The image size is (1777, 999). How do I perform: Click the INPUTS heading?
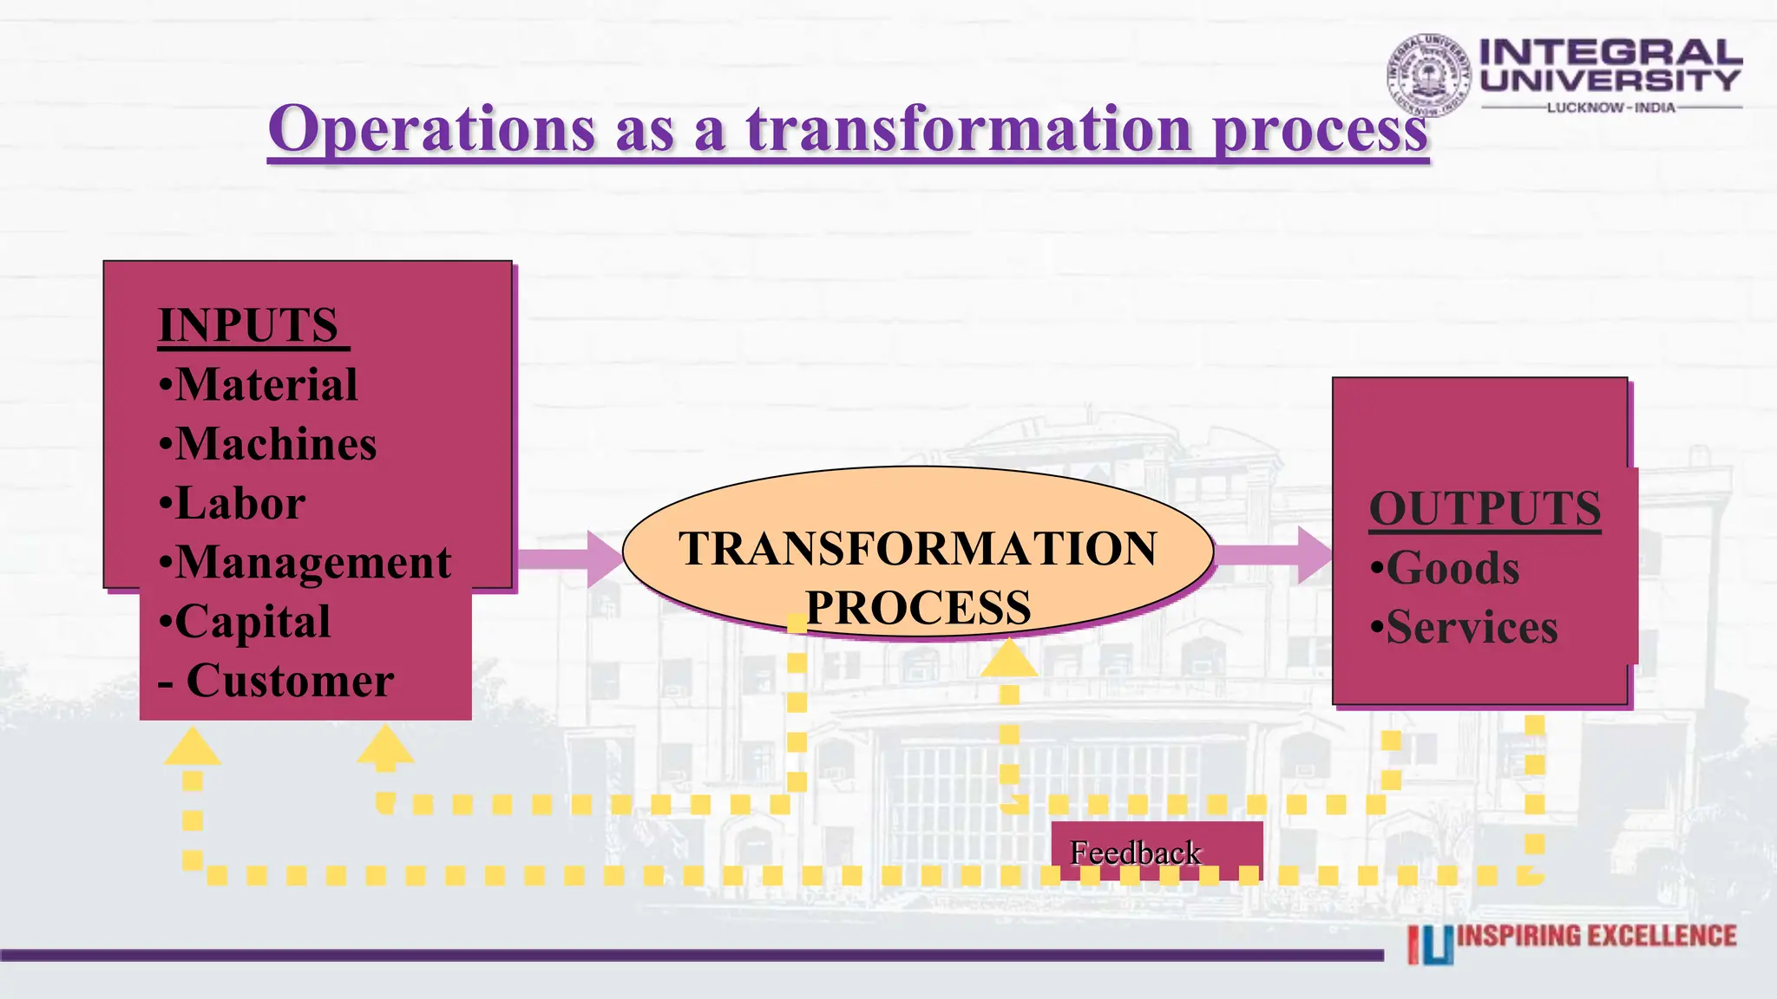[x=248, y=326]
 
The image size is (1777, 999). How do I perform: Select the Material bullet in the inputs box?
[x=266, y=385]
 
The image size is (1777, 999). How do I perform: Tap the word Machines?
[x=276, y=444]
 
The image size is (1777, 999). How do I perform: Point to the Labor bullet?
[x=239, y=503]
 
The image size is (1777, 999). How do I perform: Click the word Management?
[x=313, y=563]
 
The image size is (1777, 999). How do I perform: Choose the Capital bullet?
[x=252, y=622]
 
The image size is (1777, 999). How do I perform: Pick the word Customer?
[x=290, y=681]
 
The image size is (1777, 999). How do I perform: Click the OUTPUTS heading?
[x=1485, y=508]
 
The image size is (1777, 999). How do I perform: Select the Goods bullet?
[x=1452, y=568]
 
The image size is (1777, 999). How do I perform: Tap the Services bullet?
[x=1471, y=627]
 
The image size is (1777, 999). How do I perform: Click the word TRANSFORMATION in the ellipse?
[x=918, y=548]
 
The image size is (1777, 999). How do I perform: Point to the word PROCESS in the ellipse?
[x=918, y=607]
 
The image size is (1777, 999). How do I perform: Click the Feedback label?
[x=1135, y=852]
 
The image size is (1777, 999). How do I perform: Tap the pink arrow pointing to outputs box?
[x=1274, y=554]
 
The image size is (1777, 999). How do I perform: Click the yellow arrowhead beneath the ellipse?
[x=1009, y=658]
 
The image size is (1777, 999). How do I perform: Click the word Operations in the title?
[x=431, y=129]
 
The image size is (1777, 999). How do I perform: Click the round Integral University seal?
[x=1428, y=75]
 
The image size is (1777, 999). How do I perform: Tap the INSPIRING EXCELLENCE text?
[x=1597, y=937]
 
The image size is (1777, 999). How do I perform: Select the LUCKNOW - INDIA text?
[x=1610, y=108]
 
